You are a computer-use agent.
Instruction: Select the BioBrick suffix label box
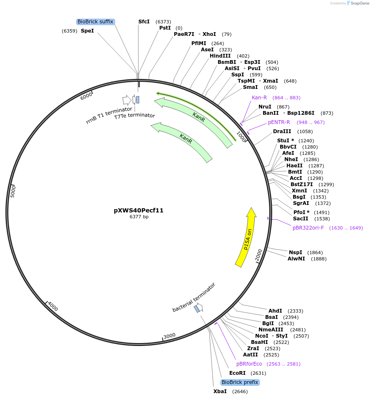95,22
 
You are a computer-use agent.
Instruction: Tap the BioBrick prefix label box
240,382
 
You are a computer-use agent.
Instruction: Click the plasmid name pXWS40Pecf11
139,210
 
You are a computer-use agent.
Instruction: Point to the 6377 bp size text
139,217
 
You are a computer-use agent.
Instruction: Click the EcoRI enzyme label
238,373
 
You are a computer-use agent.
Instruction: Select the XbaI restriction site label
220,391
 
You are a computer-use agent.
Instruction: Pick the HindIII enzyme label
221,56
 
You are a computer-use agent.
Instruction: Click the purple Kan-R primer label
259,98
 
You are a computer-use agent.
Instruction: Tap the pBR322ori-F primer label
308,228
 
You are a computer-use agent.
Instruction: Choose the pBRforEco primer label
249,364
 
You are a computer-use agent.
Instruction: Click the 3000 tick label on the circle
170,336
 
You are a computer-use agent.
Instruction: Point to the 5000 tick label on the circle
13,192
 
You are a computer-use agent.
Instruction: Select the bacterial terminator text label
194,297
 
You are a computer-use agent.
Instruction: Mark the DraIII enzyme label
282,131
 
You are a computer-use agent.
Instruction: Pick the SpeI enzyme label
87,31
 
